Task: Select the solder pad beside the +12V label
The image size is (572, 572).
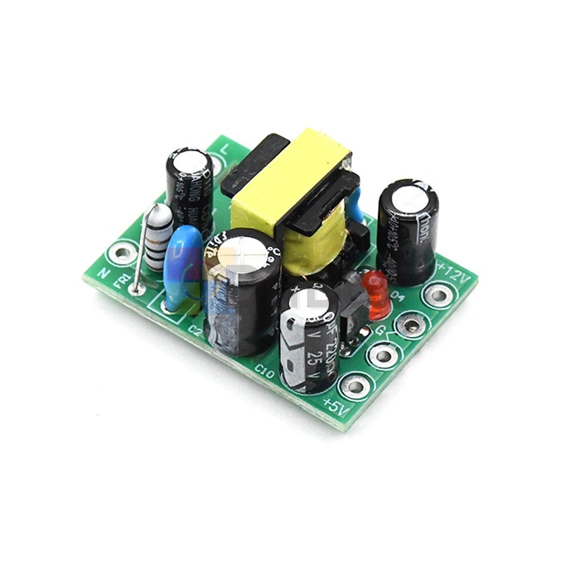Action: coord(438,296)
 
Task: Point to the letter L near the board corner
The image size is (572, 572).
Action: coord(224,148)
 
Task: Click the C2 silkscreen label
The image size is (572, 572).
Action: coord(195,330)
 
